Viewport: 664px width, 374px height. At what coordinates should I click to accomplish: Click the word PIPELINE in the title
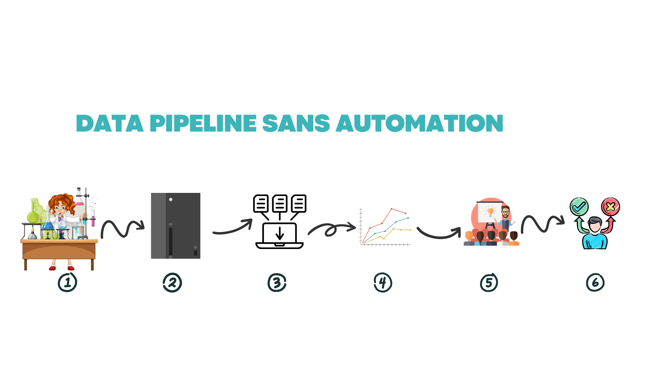click(203, 124)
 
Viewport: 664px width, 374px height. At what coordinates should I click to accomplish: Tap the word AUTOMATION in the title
click(419, 124)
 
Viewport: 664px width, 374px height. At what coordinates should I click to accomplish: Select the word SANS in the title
click(296, 124)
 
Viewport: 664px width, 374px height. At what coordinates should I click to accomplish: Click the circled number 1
click(67, 283)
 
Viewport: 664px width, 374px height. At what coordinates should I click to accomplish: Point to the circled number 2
click(172, 283)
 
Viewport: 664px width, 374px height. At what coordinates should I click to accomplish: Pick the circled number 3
click(277, 283)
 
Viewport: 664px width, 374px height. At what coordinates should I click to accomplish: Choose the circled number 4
click(383, 283)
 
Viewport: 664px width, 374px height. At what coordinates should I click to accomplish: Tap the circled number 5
click(489, 283)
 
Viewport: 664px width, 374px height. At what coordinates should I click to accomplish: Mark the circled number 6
click(595, 283)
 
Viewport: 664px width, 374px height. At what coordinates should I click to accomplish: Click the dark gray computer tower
click(176, 226)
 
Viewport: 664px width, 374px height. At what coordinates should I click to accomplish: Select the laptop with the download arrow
click(279, 235)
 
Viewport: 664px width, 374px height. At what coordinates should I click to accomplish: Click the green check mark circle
click(579, 207)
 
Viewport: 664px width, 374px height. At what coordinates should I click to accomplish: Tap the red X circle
click(610, 207)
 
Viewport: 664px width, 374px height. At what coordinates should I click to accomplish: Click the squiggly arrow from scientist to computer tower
click(122, 229)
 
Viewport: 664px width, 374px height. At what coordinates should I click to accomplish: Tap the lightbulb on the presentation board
click(490, 211)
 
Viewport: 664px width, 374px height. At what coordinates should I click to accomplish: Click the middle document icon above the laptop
click(280, 203)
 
